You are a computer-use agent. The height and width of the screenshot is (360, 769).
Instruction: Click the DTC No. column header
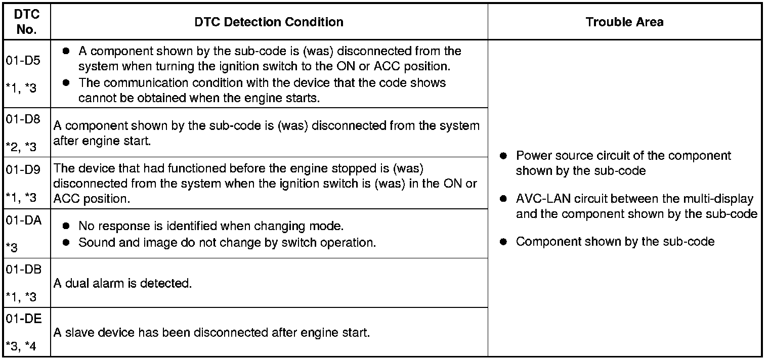(26, 22)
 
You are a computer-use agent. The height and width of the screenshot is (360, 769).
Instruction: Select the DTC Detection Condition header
(269, 22)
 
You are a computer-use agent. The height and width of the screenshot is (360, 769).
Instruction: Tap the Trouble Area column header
(624, 22)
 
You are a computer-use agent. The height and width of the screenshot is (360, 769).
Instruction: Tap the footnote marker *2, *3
(21, 147)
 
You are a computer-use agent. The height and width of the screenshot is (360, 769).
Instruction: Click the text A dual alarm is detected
(122, 284)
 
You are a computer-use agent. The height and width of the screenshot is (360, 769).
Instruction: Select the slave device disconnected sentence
(212, 333)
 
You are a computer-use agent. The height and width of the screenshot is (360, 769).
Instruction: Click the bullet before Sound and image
(66, 243)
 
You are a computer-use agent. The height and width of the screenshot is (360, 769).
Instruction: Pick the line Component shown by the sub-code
(615, 242)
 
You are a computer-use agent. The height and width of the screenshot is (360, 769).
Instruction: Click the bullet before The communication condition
(66, 83)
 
